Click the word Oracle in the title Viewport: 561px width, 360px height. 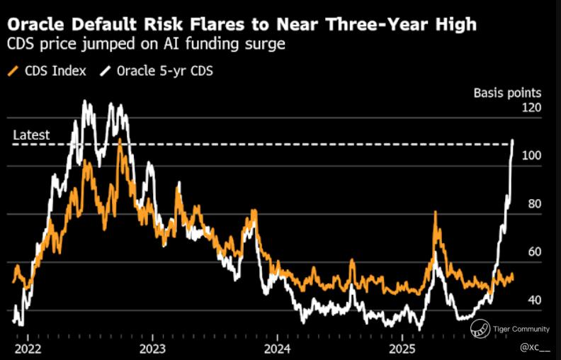pyautogui.click(x=35, y=25)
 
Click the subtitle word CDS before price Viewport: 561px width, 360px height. pyautogui.click(x=21, y=45)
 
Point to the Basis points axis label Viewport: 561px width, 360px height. pyautogui.click(x=506, y=93)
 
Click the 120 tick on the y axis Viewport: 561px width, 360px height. pyautogui.click(x=531, y=108)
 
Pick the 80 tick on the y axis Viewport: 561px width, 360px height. pyautogui.click(x=533, y=204)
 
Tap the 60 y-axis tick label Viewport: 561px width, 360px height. pyautogui.click(x=533, y=252)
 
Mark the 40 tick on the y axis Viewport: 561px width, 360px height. pyautogui.click(x=533, y=300)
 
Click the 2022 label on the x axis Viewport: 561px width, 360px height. pyautogui.click(x=28, y=349)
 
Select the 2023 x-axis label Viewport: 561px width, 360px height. pyautogui.click(x=152, y=349)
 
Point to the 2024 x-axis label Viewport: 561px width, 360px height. pyautogui.click(x=277, y=349)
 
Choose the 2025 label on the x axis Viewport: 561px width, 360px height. pyautogui.click(x=402, y=349)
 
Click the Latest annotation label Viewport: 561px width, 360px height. pyautogui.click(x=32, y=135)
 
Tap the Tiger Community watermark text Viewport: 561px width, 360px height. pyautogui.click(x=521, y=329)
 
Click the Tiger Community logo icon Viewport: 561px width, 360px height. pyautogui.click(x=482, y=328)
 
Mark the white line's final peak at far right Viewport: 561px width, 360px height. pyautogui.click(x=512, y=140)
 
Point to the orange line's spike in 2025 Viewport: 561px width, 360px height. pyautogui.click(x=435, y=213)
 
